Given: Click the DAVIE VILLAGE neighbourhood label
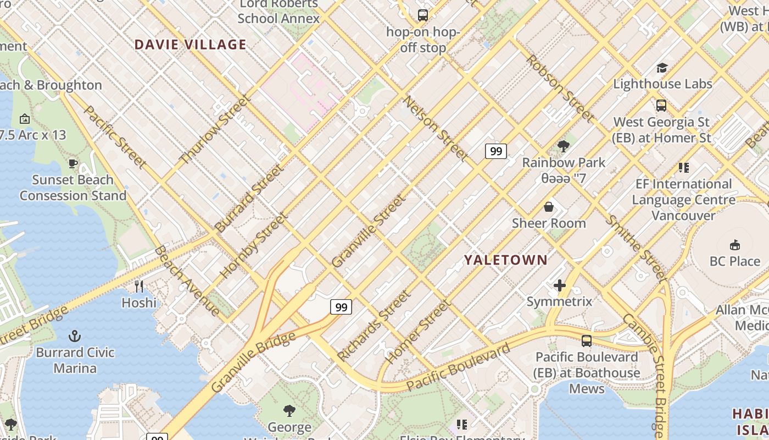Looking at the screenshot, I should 190,45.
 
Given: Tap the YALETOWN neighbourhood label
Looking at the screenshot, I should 506,260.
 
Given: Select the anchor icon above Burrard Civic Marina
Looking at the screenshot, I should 75,336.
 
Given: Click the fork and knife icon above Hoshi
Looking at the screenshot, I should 139,286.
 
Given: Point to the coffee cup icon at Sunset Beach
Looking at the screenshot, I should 73,163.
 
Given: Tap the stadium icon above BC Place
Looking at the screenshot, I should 734,245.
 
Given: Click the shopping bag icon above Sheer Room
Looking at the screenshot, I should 548,207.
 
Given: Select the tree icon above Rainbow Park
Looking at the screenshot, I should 563,146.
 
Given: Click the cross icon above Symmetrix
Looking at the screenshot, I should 560,285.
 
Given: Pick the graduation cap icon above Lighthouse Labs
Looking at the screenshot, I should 662,68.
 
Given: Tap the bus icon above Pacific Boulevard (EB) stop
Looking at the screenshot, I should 587,340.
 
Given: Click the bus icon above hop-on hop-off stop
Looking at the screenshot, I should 422,15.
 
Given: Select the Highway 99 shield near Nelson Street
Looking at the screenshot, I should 495,151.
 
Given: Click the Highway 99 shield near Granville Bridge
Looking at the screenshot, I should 341,306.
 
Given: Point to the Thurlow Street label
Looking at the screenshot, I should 215,130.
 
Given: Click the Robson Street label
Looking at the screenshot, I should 560,88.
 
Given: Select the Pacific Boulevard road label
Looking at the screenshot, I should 458,367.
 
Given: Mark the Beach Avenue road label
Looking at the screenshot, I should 186,280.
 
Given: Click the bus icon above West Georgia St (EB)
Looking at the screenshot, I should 661,105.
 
